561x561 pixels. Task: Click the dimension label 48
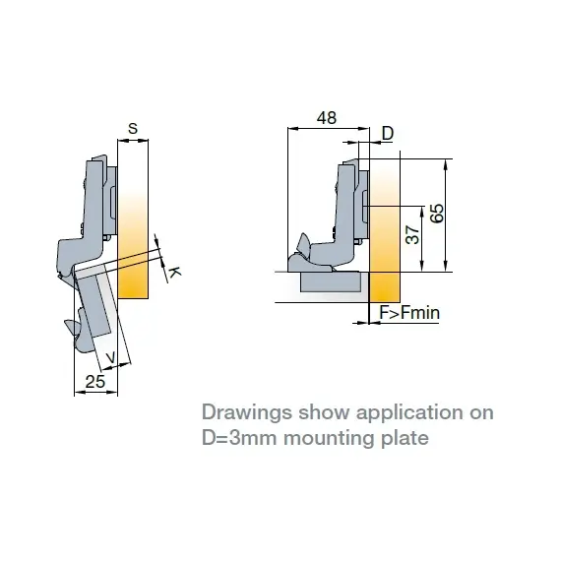[327, 118]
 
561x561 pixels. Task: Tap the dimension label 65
[437, 214]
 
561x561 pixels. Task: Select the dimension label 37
[412, 234]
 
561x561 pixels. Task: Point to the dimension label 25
[95, 382]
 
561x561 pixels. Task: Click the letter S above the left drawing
[133, 128]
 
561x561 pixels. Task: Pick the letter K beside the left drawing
[174, 273]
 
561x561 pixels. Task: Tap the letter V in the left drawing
[111, 357]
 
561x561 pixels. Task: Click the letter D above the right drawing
[388, 133]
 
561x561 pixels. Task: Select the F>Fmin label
[409, 313]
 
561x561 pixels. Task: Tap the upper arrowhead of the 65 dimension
[446, 164]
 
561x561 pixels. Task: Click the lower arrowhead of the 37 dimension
[422, 266]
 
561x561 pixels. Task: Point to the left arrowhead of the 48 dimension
[293, 128]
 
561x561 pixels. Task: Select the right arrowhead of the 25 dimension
[112, 393]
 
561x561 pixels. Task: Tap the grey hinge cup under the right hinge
[331, 281]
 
